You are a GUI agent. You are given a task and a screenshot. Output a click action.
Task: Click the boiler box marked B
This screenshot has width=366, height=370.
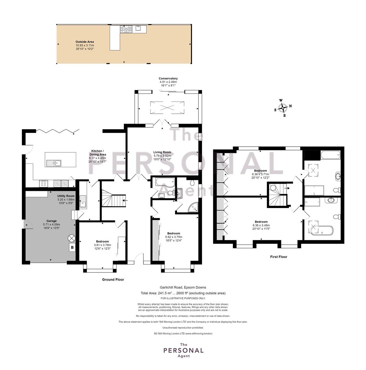pos(72,248)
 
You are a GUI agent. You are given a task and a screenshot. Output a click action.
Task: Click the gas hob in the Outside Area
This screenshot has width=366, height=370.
pos(126,29)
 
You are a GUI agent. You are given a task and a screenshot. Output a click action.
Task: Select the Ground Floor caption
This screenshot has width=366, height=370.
pos(113,280)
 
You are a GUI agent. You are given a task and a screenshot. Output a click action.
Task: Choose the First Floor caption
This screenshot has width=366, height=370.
pos(279,257)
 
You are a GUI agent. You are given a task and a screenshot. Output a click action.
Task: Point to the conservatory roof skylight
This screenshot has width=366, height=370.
pos(167,108)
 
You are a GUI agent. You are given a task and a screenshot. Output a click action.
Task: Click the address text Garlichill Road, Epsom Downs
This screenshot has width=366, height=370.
pos(183,287)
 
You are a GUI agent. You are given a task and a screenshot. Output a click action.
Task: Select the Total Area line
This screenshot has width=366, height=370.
pos(183,293)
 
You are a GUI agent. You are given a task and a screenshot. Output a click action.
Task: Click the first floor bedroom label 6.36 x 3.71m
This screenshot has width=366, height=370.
pos(260,174)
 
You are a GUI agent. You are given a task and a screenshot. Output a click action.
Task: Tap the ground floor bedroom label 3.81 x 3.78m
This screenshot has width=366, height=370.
pos(103,245)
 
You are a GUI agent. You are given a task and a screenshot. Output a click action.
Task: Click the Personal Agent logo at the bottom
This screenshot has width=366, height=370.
pos(184,350)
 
